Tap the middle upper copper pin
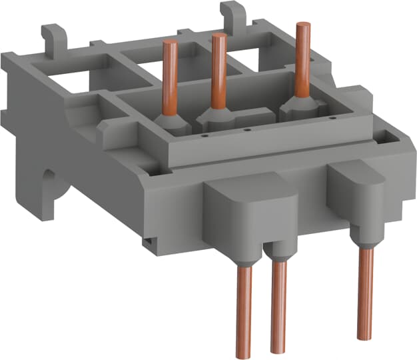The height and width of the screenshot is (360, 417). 217,67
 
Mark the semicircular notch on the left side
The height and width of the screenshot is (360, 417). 50,183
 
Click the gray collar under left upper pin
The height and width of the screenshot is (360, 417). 172,121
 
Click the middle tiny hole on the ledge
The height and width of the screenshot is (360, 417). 247,129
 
